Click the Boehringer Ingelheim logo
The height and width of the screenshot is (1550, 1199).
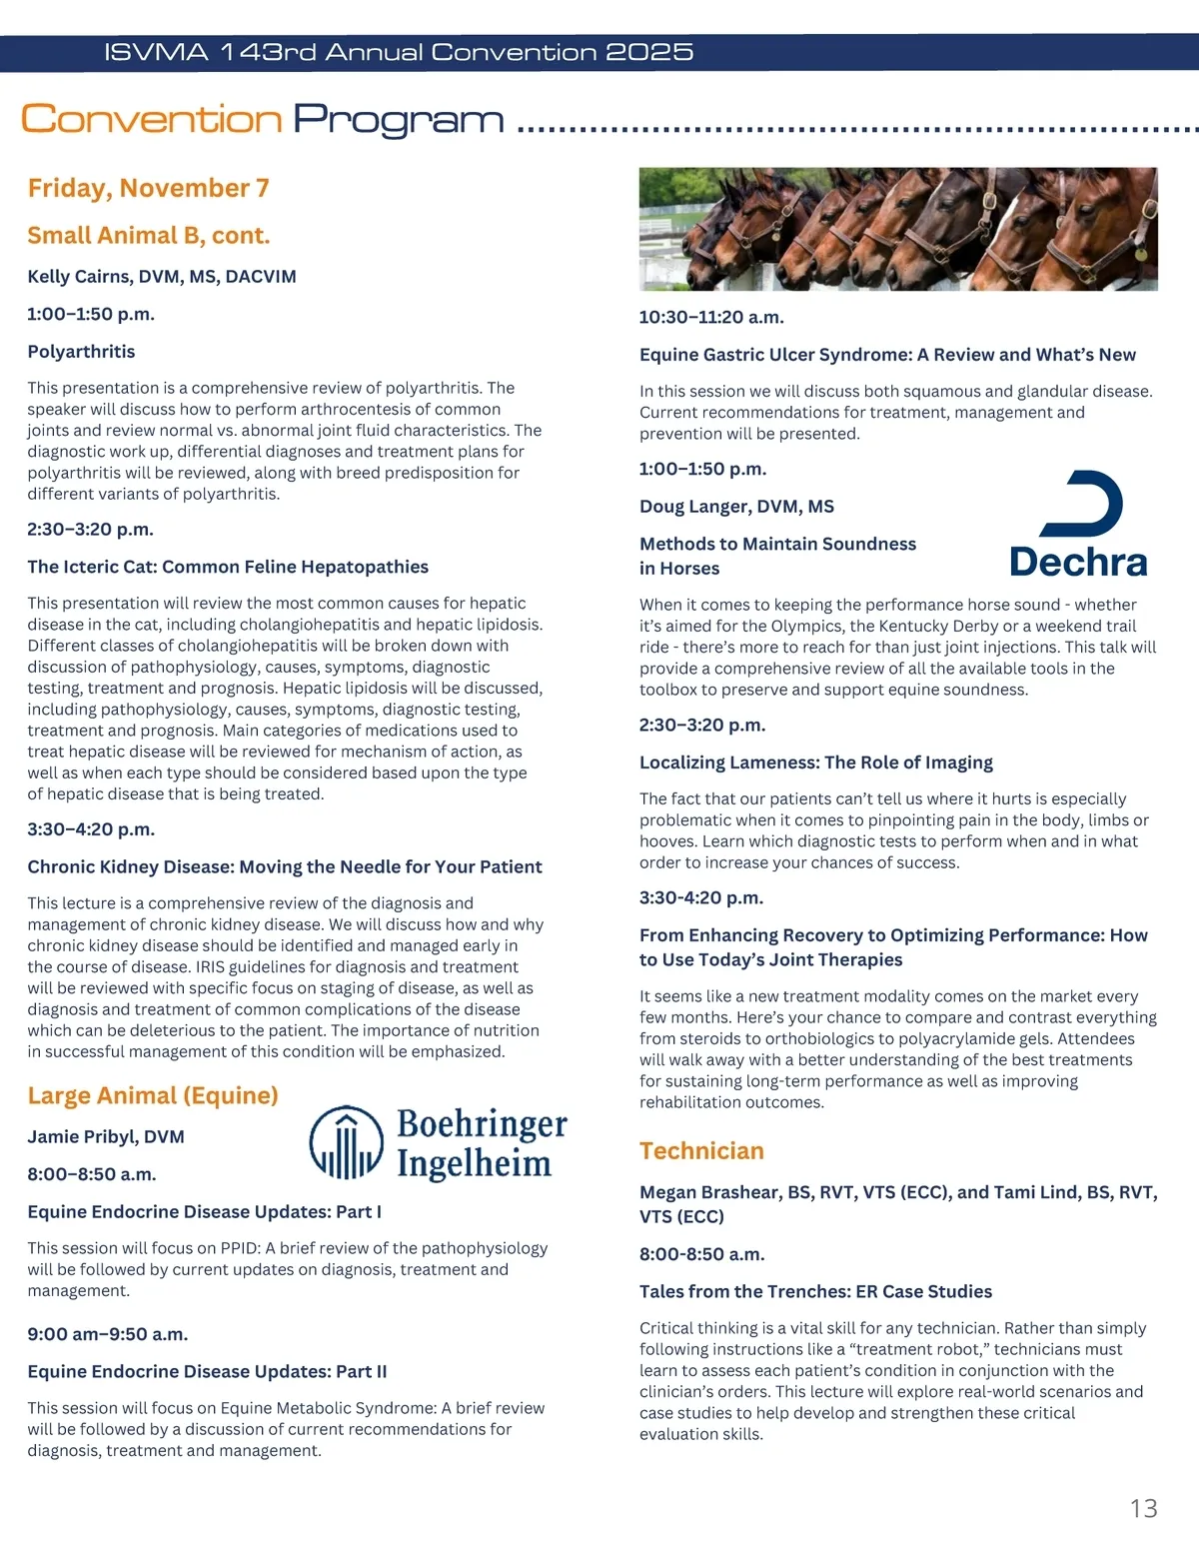[x=438, y=1143]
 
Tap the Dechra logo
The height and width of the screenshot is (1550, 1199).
[x=1079, y=526]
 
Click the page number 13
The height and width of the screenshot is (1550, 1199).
[x=1143, y=1508]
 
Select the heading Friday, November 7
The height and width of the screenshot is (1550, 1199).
[x=148, y=188]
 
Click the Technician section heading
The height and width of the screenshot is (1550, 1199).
[x=701, y=1151]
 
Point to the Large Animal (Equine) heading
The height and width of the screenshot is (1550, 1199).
[x=153, y=1095]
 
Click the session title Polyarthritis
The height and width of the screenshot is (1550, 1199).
[x=81, y=352]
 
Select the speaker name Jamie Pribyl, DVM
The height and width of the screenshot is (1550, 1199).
[x=106, y=1137]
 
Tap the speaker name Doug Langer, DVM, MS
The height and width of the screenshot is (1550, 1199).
[x=736, y=507]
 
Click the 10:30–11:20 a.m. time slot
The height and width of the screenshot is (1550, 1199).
[x=711, y=318]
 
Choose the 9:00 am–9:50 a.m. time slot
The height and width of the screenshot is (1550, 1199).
[x=108, y=1334]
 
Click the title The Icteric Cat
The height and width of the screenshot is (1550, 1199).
[x=228, y=567]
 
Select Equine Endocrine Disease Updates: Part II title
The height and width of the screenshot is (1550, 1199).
[x=207, y=1372]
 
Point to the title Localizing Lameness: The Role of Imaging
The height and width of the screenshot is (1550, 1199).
[x=815, y=763]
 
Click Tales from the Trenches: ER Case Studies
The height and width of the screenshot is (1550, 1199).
[x=815, y=1291]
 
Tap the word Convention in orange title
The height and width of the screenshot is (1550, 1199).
[x=152, y=119]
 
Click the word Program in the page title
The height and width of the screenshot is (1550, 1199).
[x=398, y=119]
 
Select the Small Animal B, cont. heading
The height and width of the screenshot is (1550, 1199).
[x=149, y=236]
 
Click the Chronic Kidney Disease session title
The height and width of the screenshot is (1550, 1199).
[x=285, y=867]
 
